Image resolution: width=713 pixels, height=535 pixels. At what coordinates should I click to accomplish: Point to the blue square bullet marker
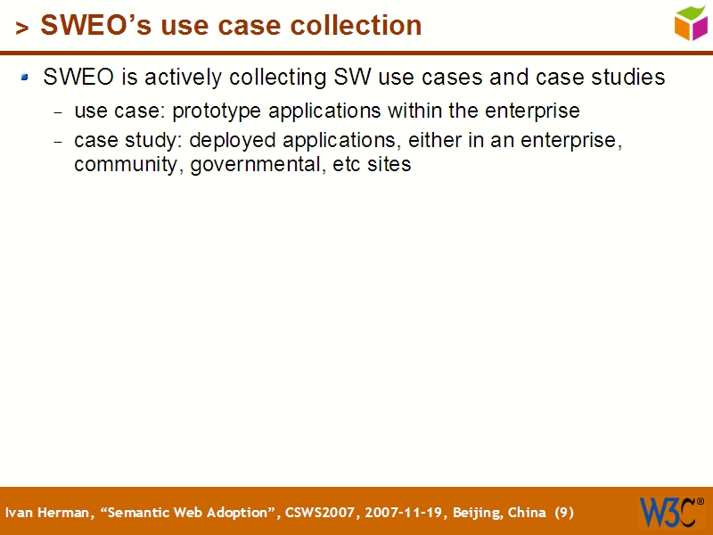coord(26,78)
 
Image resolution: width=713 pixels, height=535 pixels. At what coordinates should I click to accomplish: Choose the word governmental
coord(252,165)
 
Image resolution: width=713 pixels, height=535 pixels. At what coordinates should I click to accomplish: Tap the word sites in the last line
coord(389,165)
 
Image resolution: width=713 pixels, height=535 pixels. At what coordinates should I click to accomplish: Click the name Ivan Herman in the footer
coord(48,513)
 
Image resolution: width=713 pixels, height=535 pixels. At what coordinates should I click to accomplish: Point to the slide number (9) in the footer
coord(563,513)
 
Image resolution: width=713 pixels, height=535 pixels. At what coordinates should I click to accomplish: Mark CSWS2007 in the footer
coord(318,513)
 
